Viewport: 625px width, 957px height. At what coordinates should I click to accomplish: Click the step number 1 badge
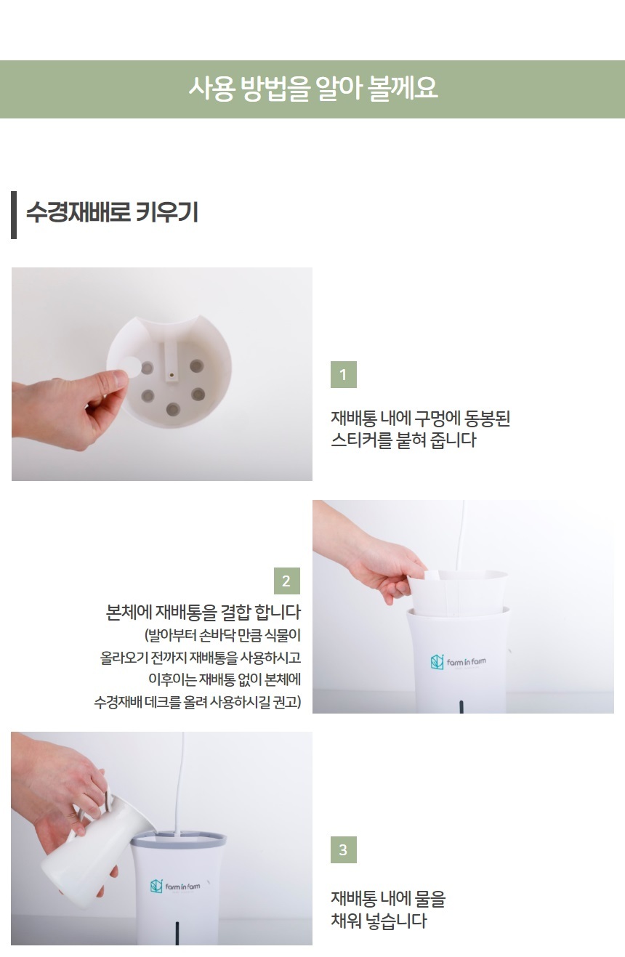343,375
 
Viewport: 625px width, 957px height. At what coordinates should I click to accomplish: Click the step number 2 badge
286,581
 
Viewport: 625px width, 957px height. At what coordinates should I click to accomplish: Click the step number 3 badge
343,849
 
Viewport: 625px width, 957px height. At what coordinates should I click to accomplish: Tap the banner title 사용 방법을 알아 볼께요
312,89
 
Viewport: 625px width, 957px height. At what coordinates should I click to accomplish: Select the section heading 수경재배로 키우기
111,214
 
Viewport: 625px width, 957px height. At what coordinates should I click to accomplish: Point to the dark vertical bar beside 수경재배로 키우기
14,214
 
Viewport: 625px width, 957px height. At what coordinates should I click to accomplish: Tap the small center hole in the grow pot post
171,376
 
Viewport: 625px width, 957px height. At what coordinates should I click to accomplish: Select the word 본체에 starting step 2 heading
129,611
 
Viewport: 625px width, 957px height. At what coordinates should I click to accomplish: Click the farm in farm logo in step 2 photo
458,662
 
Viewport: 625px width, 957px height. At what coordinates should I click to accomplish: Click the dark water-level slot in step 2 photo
461,706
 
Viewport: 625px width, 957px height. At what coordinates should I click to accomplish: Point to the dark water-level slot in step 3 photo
177,932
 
